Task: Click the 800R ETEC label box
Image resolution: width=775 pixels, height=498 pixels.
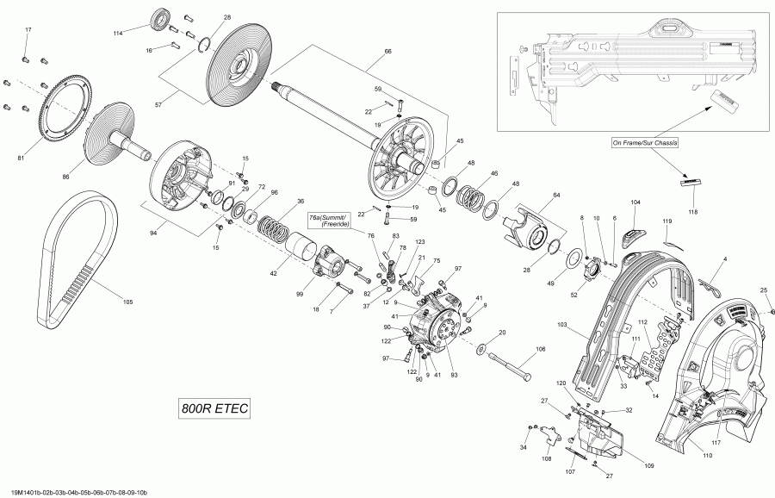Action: (x=214, y=409)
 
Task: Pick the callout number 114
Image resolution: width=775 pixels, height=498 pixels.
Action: (x=118, y=33)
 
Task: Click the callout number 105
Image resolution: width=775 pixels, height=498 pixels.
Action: (x=128, y=302)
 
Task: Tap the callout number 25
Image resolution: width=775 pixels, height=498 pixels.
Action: (x=763, y=289)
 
